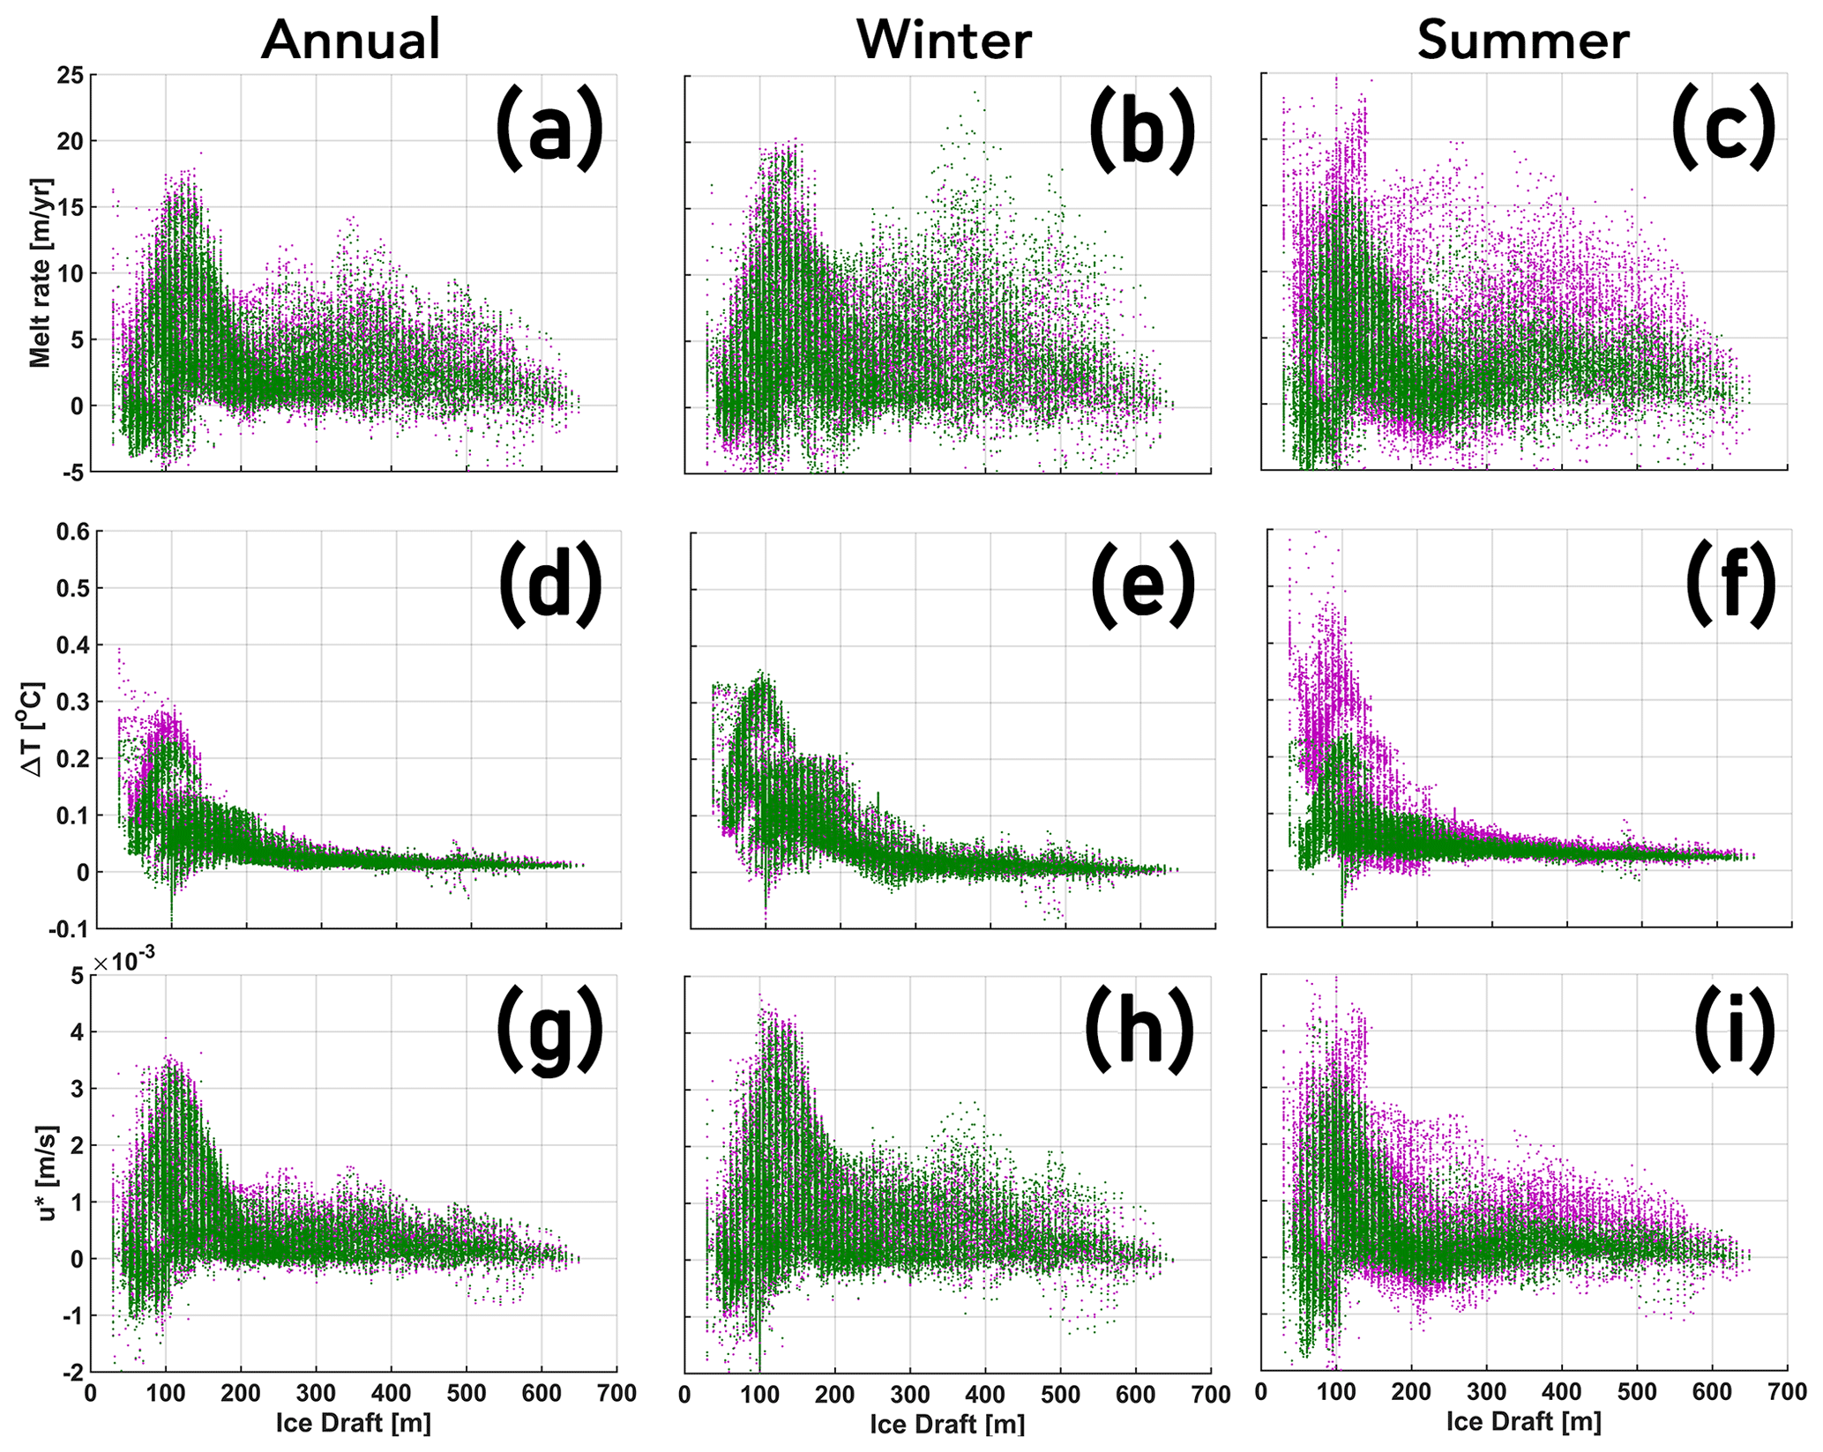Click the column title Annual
pos(350,41)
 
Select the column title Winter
pos(944,41)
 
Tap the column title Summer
pos(1523,41)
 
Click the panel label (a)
pos(549,130)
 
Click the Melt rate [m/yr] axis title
pos(41,272)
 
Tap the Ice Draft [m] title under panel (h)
pos(947,1424)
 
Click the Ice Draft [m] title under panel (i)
pos(1523,1421)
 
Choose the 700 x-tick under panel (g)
pos(616,1394)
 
